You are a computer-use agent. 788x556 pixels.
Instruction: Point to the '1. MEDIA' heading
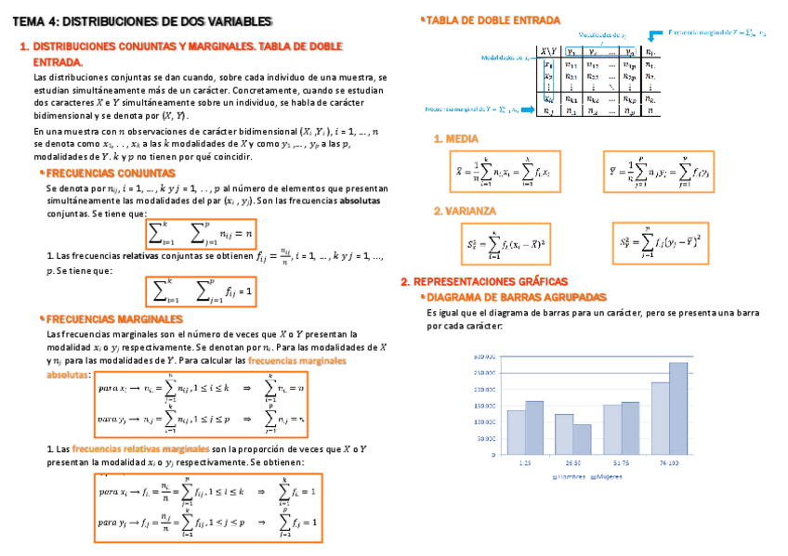pyautogui.click(x=456, y=139)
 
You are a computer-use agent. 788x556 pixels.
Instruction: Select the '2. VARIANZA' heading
pyautogui.click(x=465, y=212)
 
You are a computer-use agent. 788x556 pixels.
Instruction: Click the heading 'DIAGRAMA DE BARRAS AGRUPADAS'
pyautogui.click(x=516, y=297)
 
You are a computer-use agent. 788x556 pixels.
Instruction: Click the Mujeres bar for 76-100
pyautogui.click(x=678, y=407)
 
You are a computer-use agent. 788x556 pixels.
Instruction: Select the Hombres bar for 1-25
pyautogui.click(x=516, y=432)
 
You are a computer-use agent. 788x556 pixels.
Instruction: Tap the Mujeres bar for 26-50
pyautogui.click(x=583, y=439)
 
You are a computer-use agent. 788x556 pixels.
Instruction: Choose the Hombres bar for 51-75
pyautogui.click(x=612, y=429)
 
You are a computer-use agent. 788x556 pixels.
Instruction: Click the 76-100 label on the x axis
pyautogui.click(x=669, y=461)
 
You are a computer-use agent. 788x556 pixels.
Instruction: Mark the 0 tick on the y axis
pyautogui.click(x=492, y=455)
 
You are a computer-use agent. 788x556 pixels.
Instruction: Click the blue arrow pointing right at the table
pyautogui.click(x=526, y=109)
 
